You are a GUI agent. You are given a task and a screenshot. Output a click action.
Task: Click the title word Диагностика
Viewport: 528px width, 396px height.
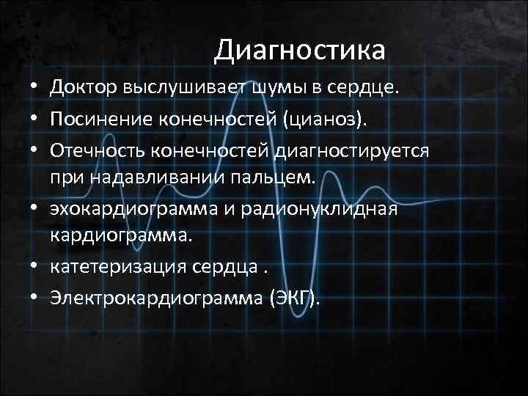tap(300, 51)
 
